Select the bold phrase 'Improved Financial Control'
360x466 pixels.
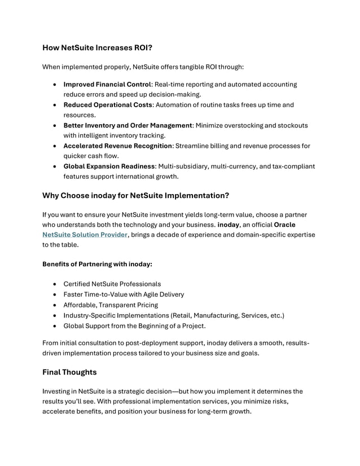(x=107, y=84)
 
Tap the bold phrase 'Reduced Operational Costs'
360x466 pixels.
(x=107, y=105)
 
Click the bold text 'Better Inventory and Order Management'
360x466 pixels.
(x=128, y=125)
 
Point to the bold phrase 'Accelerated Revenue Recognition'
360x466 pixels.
(x=117, y=146)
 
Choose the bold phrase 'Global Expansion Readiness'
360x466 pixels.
(x=108, y=166)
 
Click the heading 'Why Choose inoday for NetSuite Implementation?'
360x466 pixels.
(x=135, y=196)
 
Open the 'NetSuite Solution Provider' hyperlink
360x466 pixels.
(x=85, y=235)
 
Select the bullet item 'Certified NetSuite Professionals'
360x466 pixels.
(x=112, y=284)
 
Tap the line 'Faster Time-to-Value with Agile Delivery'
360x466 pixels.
(x=123, y=294)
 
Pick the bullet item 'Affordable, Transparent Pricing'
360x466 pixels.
(x=111, y=305)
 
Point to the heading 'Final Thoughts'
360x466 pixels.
(x=69, y=372)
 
